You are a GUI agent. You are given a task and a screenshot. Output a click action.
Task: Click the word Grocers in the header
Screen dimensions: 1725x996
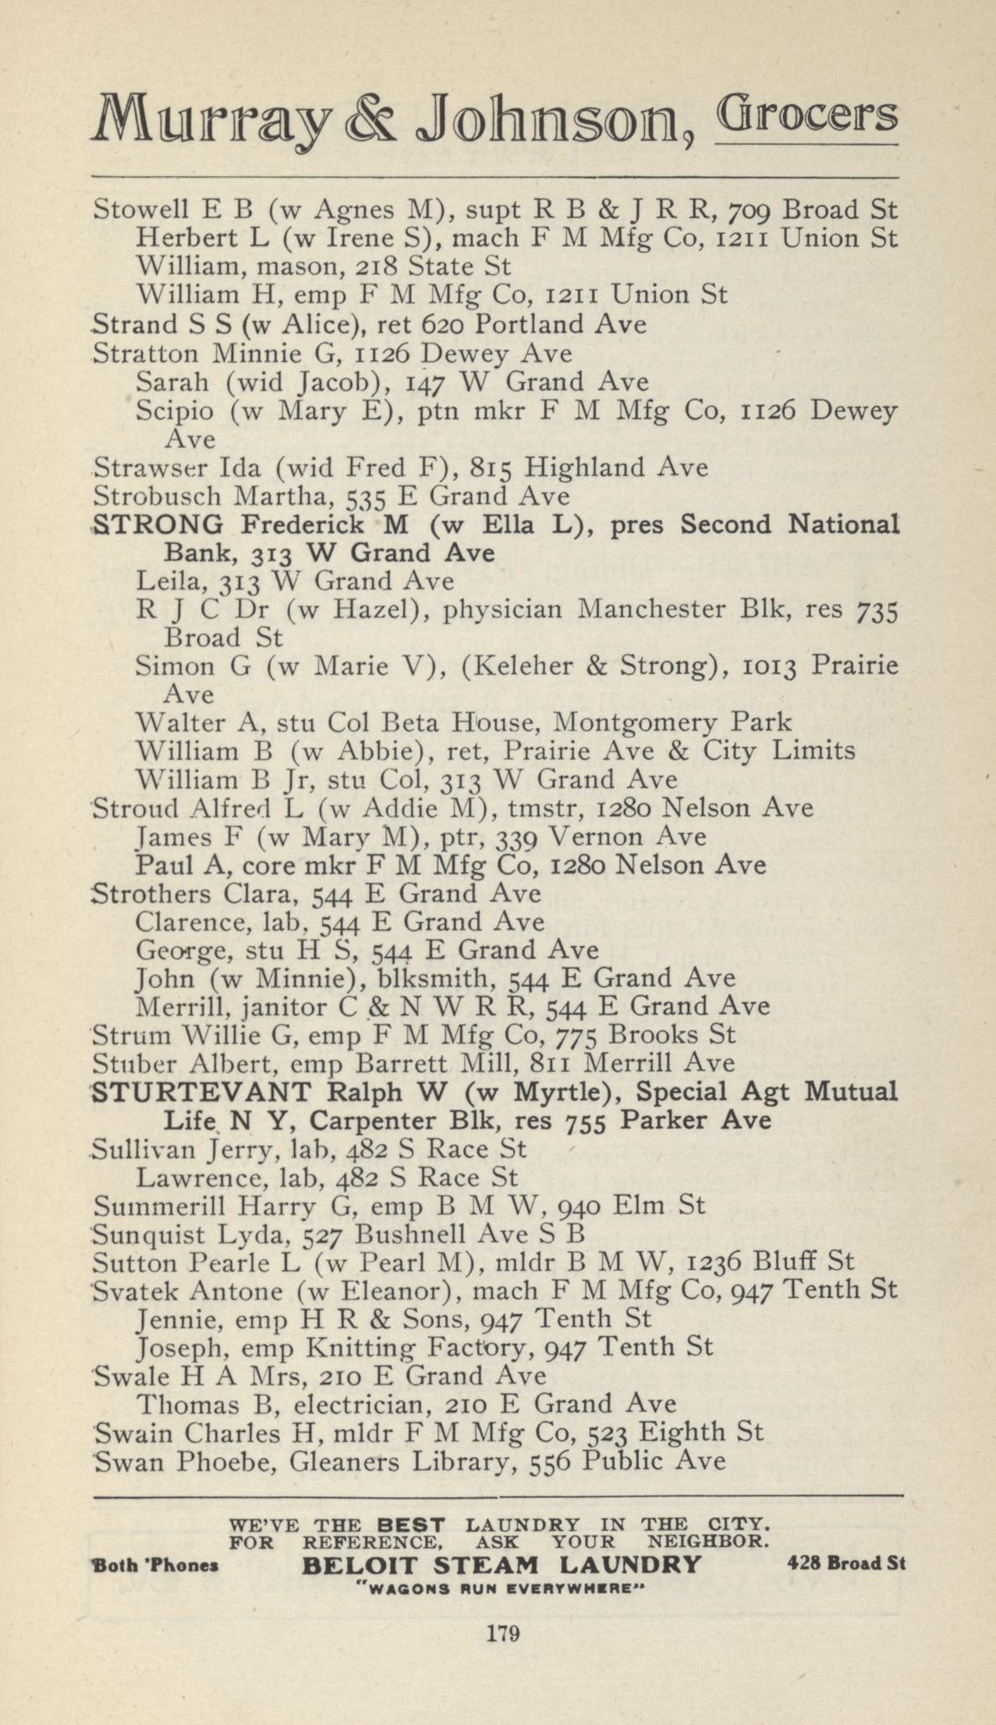click(x=806, y=118)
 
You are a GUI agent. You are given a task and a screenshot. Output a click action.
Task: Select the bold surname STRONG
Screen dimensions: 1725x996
click(x=158, y=525)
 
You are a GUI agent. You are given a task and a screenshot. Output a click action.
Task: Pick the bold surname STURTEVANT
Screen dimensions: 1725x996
click(x=201, y=1092)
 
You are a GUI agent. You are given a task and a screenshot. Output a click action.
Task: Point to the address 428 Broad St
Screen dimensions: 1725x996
click(x=846, y=1563)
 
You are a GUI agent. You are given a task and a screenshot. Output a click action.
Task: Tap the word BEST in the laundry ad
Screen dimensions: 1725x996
click(x=411, y=1523)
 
